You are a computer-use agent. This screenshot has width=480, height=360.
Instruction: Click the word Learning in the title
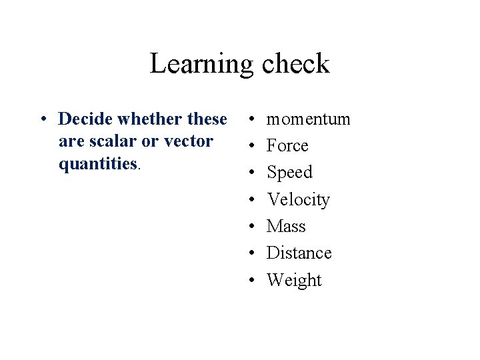point(201,64)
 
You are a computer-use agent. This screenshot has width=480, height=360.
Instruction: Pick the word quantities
point(98,164)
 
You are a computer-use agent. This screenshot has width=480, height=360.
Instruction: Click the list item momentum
point(308,119)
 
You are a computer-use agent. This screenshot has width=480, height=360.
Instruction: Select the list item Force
point(287,146)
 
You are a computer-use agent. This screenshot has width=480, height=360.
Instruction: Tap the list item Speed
point(289,173)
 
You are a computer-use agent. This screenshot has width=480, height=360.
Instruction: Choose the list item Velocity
point(298,199)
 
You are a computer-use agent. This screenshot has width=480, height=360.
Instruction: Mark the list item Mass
point(286,227)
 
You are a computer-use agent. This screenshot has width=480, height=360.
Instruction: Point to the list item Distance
point(299,253)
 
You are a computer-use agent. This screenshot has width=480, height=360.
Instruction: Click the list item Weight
point(293,280)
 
